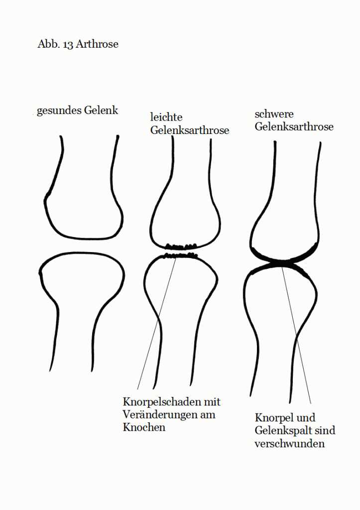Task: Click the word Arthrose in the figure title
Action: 97,44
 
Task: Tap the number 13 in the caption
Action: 68,44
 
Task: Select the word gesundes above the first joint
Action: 59,111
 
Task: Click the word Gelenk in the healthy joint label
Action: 101,110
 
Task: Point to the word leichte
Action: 166,117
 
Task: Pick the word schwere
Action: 274,114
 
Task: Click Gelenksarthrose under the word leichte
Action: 190,130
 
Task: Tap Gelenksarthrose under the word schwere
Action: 294,126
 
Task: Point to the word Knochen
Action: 144,427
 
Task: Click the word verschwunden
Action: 289,444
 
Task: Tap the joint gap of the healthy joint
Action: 81,245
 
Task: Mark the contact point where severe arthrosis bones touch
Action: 282,261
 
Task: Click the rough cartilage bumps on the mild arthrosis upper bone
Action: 181,246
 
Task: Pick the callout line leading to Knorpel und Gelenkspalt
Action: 296,335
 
